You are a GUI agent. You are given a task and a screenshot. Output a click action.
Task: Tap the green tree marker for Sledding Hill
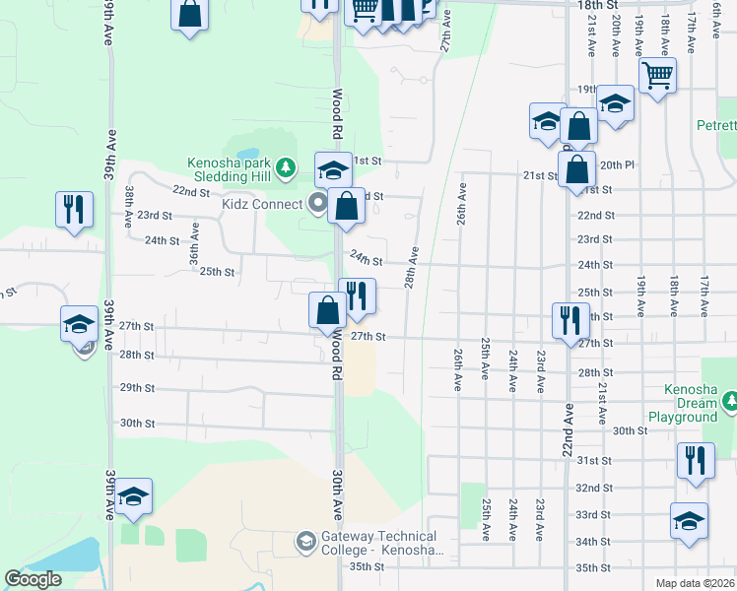(x=287, y=166)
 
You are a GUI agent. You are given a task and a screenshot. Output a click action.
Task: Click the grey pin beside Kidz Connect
(x=317, y=204)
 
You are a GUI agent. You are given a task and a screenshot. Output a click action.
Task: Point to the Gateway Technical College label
(x=379, y=543)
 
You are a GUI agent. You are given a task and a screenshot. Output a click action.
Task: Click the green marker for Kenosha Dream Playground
(x=730, y=402)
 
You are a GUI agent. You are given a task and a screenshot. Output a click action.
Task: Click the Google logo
(x=33, y=579)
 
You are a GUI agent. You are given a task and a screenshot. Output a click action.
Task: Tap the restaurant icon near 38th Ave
(x=75, y=210)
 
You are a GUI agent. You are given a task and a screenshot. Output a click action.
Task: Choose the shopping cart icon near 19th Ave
(x=656, y=74)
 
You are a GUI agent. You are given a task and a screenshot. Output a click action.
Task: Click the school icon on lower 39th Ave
(x=132, y=496)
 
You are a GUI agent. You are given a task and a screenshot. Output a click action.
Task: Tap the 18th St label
(x=595, y=5)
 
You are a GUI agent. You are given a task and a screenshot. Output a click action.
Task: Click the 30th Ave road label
(x=337, y=495)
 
